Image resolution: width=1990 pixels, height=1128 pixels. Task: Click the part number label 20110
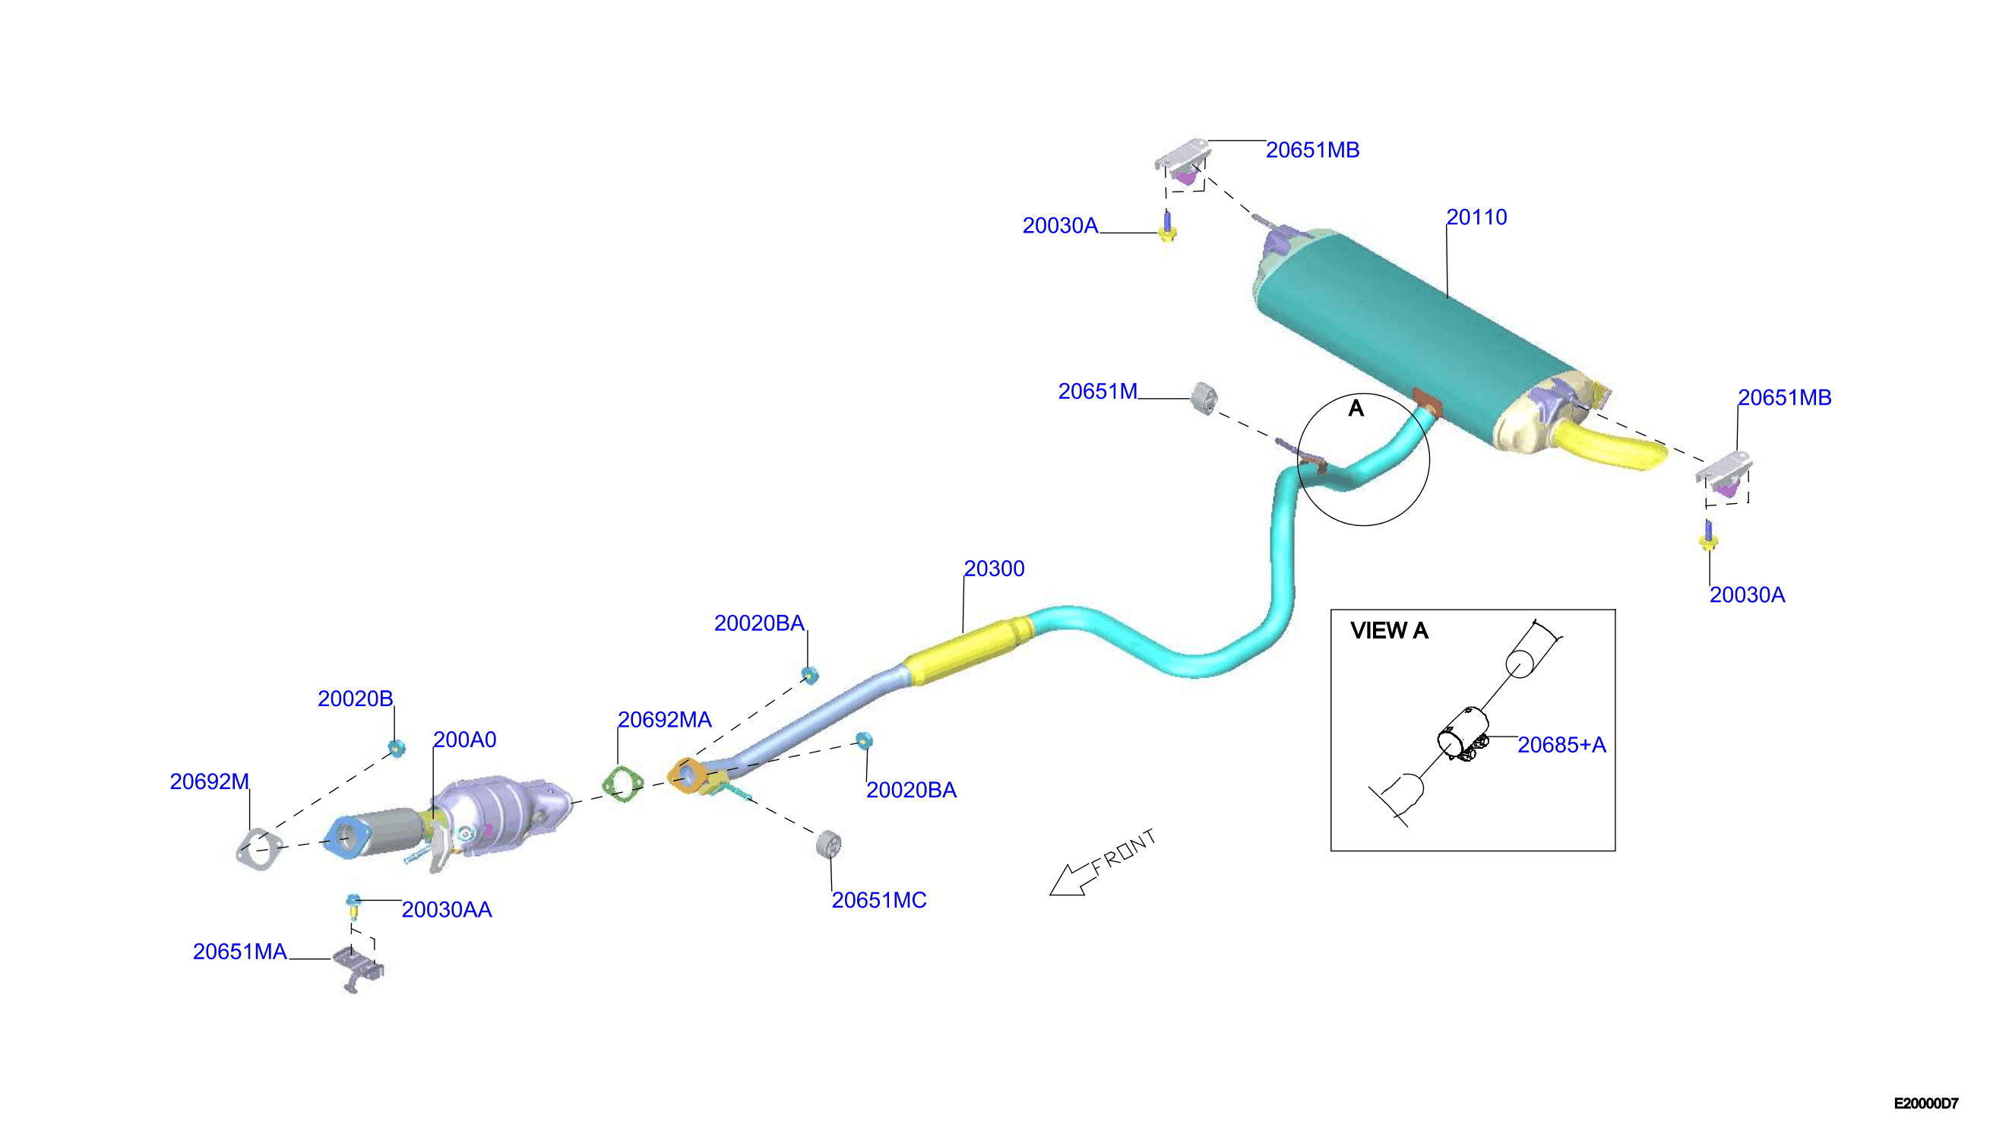click(x=1476, y=217)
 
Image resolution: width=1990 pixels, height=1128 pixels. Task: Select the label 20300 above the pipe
click(x=994, y=569)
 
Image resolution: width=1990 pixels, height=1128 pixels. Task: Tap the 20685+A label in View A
click(x=1561, y=744)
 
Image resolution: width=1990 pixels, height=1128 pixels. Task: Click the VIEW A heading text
click(x=1389, y=631)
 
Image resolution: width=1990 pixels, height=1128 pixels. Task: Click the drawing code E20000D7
click(x=1926, y=1103)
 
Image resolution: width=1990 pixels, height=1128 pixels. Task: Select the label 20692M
click(x=210, y=781)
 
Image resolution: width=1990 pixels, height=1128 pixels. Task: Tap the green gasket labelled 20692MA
click(x=622, y=784)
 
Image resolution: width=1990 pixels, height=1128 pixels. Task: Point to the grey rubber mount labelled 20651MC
click(x=828, y=844)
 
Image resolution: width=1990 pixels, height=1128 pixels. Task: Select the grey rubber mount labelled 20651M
click(x=1204, y=398)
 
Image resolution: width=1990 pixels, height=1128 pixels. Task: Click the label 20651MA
click(x=240, y=952)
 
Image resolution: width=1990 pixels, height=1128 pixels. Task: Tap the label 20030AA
click(x=447, y=910)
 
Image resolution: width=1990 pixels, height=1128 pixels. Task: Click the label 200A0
click(x=464, y=740)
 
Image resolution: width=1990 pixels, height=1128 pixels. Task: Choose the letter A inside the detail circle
click(x=1356, y=408)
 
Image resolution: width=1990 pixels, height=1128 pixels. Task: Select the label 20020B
click(x=356, y=699)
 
